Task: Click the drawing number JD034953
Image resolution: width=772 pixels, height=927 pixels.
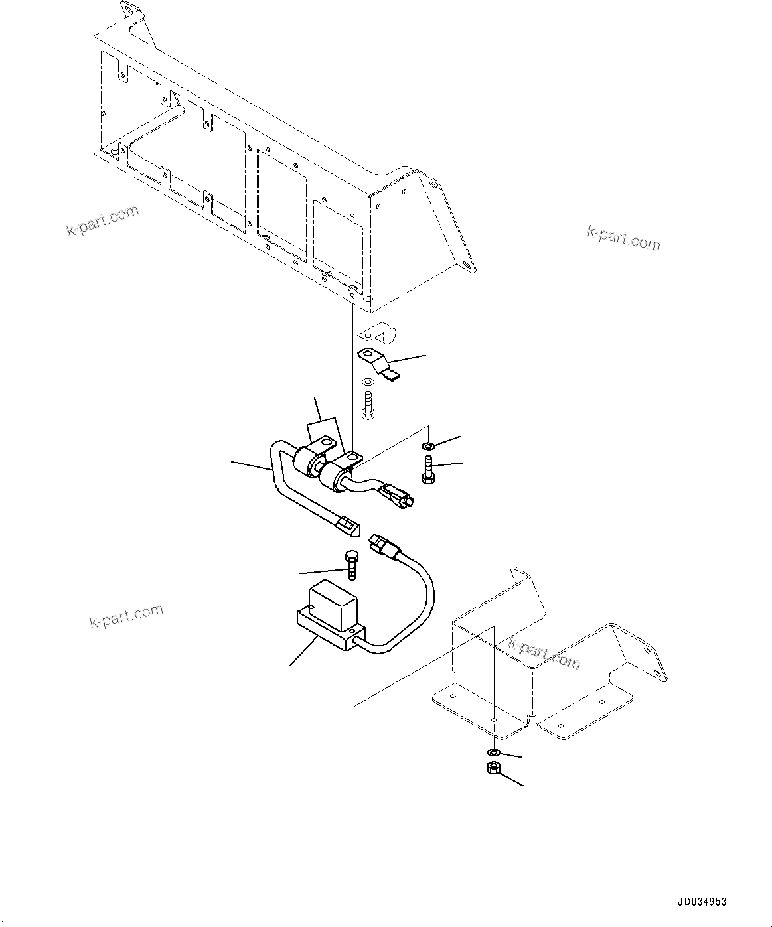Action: [702, 902]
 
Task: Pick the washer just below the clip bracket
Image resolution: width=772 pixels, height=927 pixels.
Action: [368, 384]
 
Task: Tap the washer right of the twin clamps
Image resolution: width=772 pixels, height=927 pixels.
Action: [429, 444]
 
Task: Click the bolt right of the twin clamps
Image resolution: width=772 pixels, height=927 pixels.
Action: [427, 468]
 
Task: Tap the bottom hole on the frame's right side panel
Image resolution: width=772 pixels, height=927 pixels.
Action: [469, 268]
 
